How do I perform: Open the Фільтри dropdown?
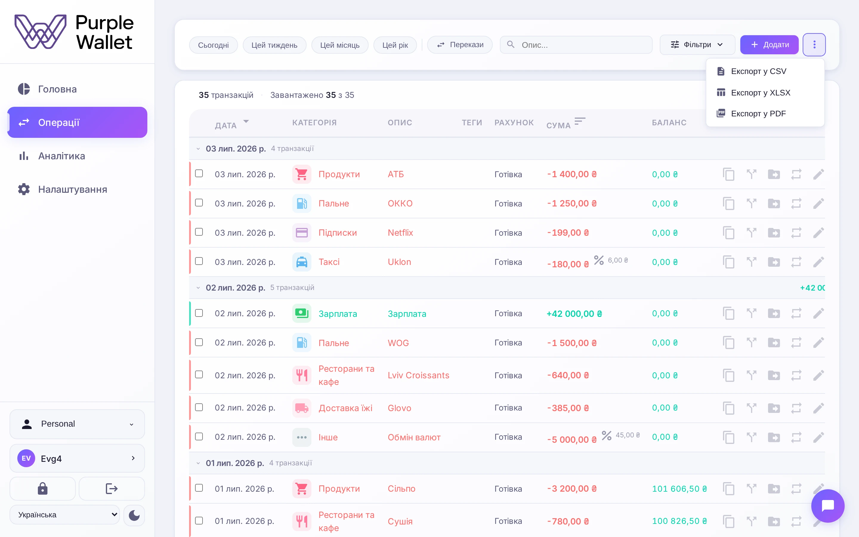coord(697,45)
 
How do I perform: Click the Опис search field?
coord(576,45)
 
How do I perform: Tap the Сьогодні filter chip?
coord(213,45)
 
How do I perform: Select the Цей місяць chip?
coord(340,45)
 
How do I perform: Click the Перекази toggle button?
coord(460,45)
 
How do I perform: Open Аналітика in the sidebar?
coord(61,156)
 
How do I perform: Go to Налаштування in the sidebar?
coord(72,189)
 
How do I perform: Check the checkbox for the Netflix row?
coord(199,232)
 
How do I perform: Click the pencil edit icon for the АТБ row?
coord(818,175)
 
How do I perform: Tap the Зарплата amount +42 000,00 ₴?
coord(574,314)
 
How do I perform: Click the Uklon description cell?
coord(399,262)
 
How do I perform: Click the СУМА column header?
coord(558,125)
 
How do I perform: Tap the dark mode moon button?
coord(134,515)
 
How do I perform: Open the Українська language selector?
coord(65,515)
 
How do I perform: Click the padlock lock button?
coord(43,489)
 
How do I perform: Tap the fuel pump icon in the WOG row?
coord(302,343)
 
